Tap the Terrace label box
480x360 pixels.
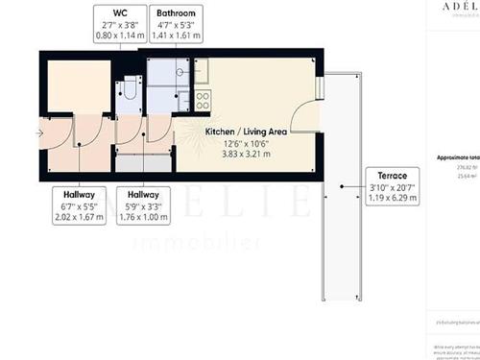click(391, 188)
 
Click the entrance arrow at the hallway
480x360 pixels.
click(38, 132)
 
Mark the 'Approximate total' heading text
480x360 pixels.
click(457, 156)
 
